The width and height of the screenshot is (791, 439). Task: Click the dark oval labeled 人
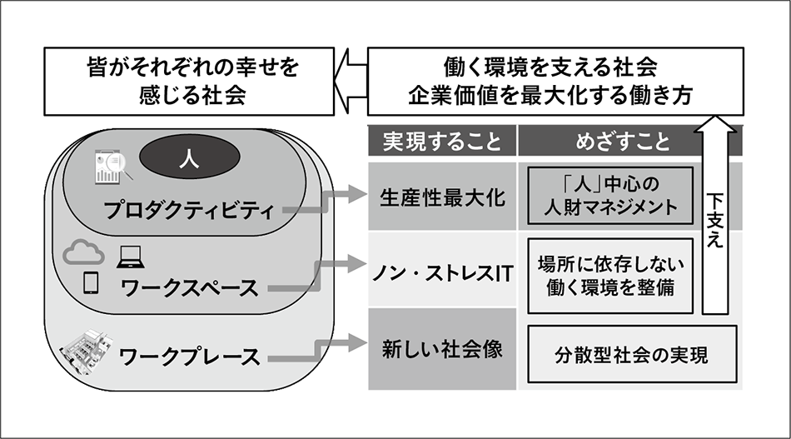coord(189,157)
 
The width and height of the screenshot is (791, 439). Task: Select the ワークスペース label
coord(189,289)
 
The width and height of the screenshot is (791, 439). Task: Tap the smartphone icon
coord(91,283)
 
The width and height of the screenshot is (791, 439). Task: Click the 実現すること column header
coord(442,141)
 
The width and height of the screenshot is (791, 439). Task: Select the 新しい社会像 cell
coord(442,349)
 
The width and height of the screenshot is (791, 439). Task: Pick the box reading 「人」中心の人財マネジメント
coord(610,194)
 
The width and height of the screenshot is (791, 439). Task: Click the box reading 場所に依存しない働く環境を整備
coord(610,275)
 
